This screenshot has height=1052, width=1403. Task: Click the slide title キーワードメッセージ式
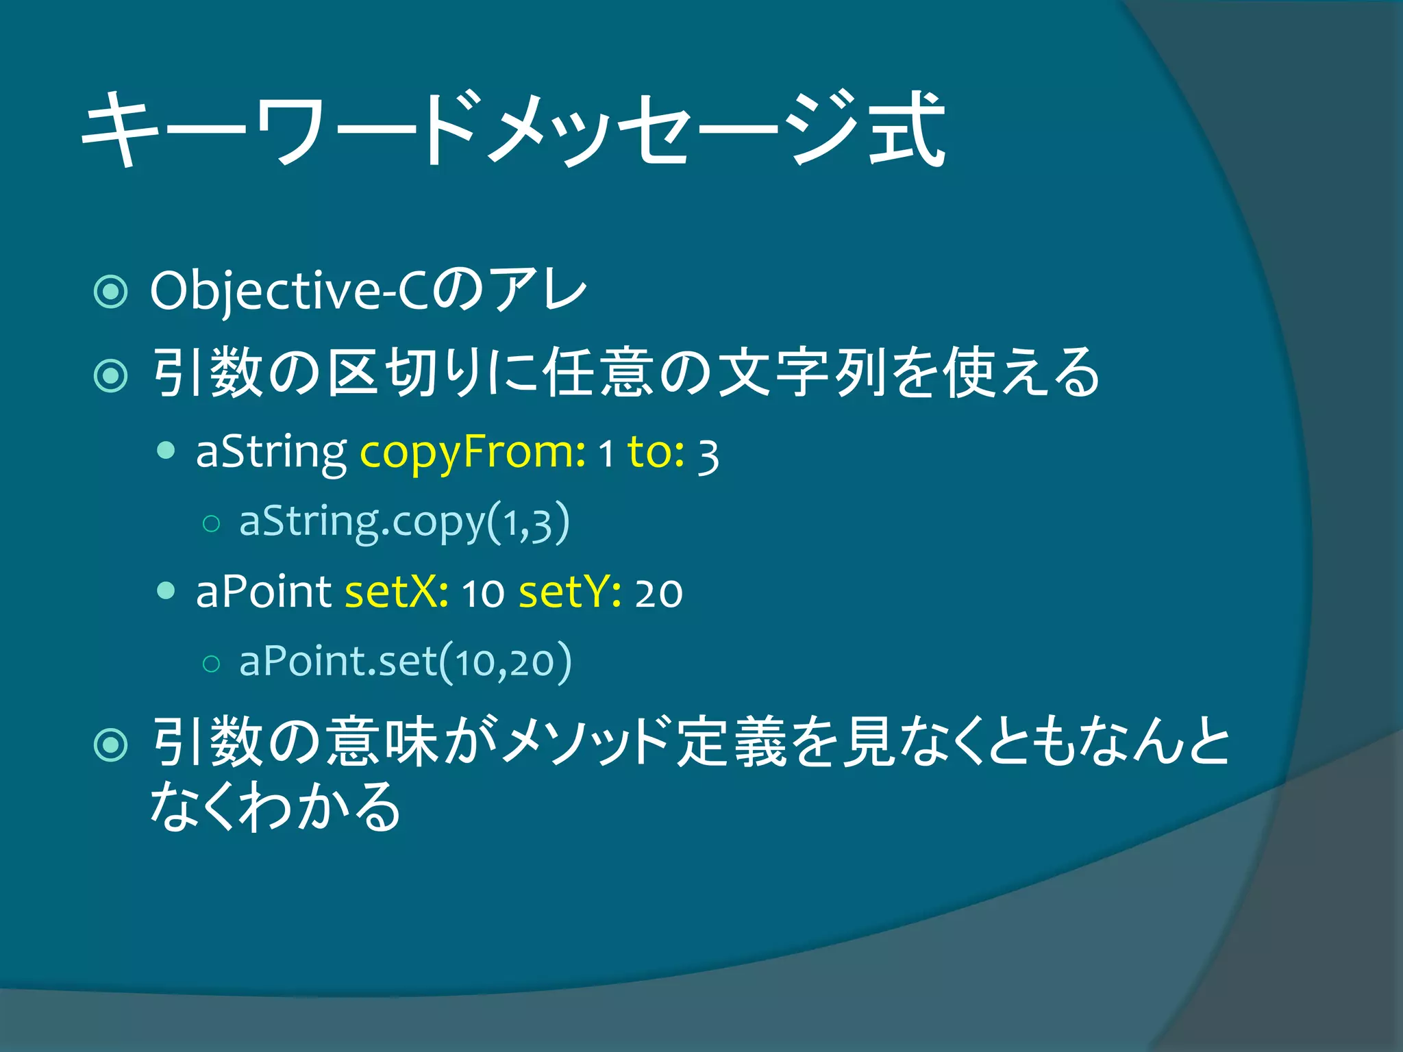tap(514, 130)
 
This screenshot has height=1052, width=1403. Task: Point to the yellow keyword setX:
tap(397, 592)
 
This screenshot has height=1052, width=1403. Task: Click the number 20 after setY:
tap(658, 593)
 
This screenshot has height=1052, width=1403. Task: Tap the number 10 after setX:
tap(483, 593)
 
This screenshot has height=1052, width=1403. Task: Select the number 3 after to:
tap(708, 456)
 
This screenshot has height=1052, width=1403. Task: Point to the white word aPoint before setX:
tap(264, 592)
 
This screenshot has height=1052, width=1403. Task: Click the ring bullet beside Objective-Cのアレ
tap(110, 292)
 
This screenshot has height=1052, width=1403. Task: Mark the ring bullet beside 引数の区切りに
tap(110, 375)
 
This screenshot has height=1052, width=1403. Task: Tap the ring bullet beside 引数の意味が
tap(110, 744)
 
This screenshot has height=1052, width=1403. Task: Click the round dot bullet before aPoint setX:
tap(166, 590)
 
